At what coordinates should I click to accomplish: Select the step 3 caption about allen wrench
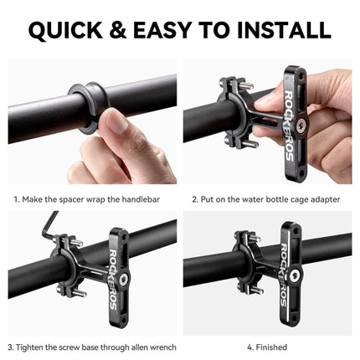[90, 346]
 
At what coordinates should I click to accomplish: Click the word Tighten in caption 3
[33, 346]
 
